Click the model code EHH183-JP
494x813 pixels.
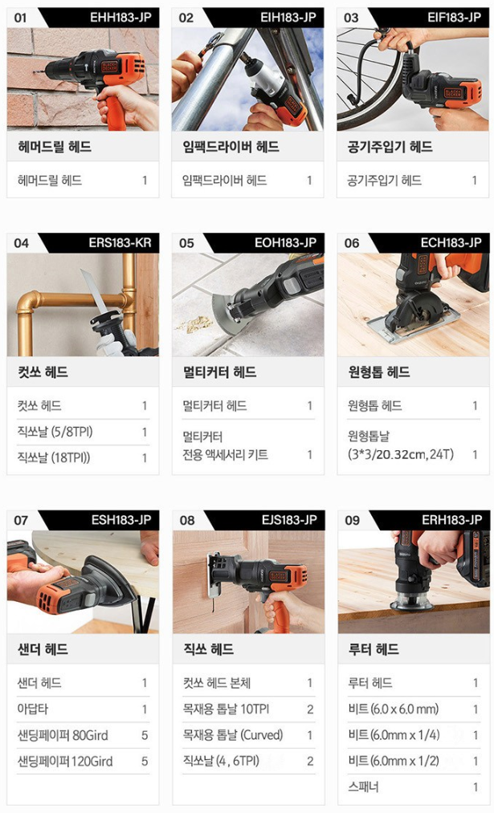120,17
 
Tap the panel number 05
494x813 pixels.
186,242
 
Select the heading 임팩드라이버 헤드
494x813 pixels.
231,147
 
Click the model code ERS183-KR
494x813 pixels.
120,242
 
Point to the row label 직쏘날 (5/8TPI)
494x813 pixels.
55,432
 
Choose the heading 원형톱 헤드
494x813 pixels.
379,372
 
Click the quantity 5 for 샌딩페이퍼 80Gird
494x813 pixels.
145,735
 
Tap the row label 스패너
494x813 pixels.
363,787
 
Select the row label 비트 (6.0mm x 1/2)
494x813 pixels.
394,761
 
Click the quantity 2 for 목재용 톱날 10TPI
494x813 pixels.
310,709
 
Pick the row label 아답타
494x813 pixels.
33,709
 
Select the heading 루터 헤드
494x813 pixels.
373,649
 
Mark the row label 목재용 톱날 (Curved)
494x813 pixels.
232,735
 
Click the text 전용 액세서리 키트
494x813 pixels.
225,455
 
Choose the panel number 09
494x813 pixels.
353,520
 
